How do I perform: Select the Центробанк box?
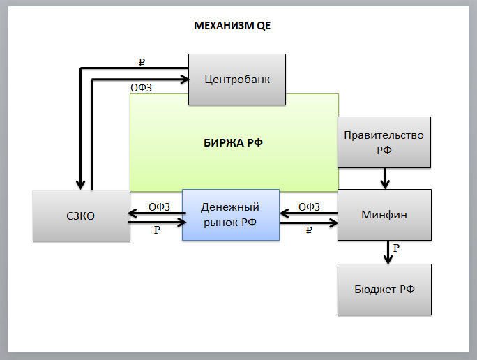tap(237, 80)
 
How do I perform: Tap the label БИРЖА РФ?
tap(234, 142)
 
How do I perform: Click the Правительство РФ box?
tap(384, 142)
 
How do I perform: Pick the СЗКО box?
tap(81, 216)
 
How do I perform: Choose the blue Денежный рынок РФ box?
tap(230, 214)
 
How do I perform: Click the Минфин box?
tap(384, 215)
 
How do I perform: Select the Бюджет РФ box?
tap(384, 289)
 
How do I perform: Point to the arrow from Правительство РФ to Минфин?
tap(384, 179)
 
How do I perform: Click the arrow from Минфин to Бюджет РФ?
tap(388, 252)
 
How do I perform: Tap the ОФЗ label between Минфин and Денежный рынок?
tap(309, 207)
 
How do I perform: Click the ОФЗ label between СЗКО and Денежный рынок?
tap(160, 207)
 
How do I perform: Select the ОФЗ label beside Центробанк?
tap(142, 88)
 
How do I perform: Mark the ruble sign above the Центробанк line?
tap(142, 62)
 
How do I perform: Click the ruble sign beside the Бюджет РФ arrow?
tap(396, 248)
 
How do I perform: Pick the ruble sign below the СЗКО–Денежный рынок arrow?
tap(157, 231)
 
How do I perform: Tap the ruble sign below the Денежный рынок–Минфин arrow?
tap(309, 231)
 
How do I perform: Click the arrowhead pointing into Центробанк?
tap(184, 80)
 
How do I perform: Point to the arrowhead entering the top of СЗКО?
tap(81, 184)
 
